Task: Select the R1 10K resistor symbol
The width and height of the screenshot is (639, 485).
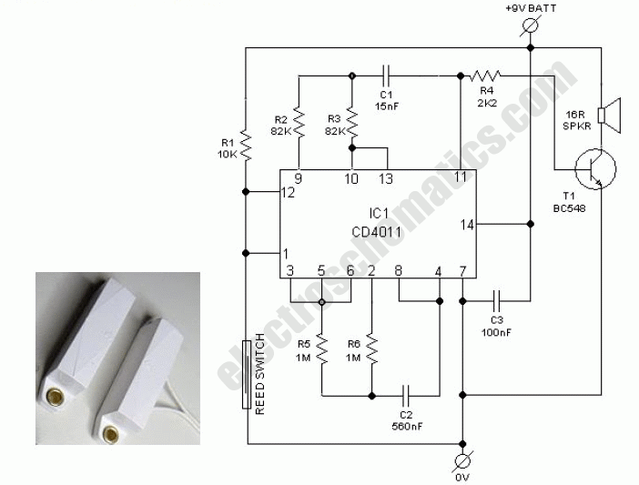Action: pyautogui.click(x=246, y=145)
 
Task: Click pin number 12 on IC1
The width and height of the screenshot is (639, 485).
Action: pyautogui.click(x=289, y=192)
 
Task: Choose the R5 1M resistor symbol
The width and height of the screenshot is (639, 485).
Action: pyautogui.click(x=321, y=347)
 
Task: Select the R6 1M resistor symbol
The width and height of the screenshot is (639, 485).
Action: pyautogui.click(x=370, y=347)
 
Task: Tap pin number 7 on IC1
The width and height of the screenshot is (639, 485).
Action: pyautogui.click(x=462, y=270)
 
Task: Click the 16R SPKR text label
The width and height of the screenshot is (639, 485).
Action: pyautogui.click(x=574, y=120)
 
